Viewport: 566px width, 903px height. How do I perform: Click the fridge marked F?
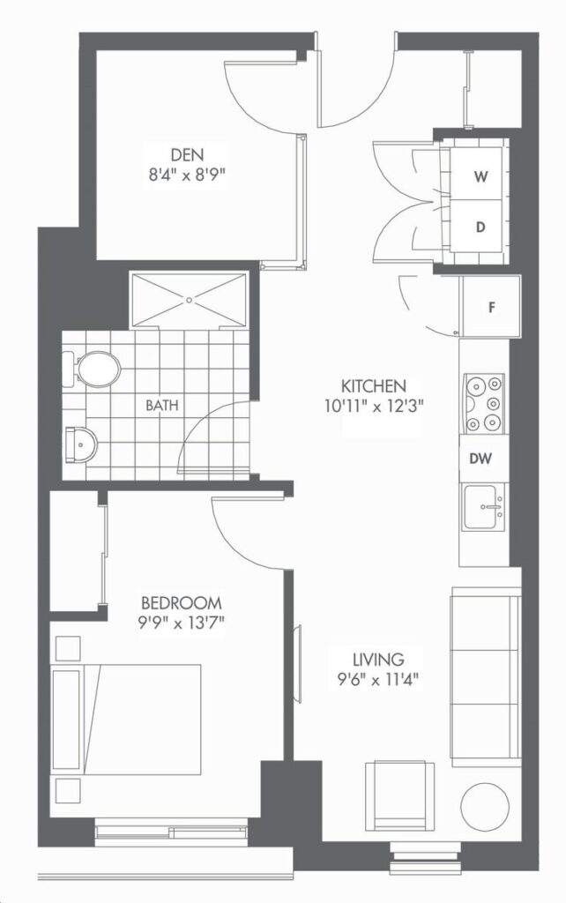(x=490, y=307)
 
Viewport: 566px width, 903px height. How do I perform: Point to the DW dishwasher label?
(x=480, y=459)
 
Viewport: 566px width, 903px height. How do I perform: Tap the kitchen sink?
(x=484, y=507)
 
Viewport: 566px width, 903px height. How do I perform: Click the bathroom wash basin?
(x=81, y=444)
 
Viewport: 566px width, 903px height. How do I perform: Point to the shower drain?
(x=189, y=300)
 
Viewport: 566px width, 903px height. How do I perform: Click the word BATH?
(x=162, y=405)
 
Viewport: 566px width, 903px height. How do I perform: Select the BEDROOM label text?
(x=182, y=603)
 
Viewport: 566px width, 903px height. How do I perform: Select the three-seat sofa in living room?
(x=486, y=676)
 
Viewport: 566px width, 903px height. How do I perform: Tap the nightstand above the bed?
(x=68, y=648)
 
